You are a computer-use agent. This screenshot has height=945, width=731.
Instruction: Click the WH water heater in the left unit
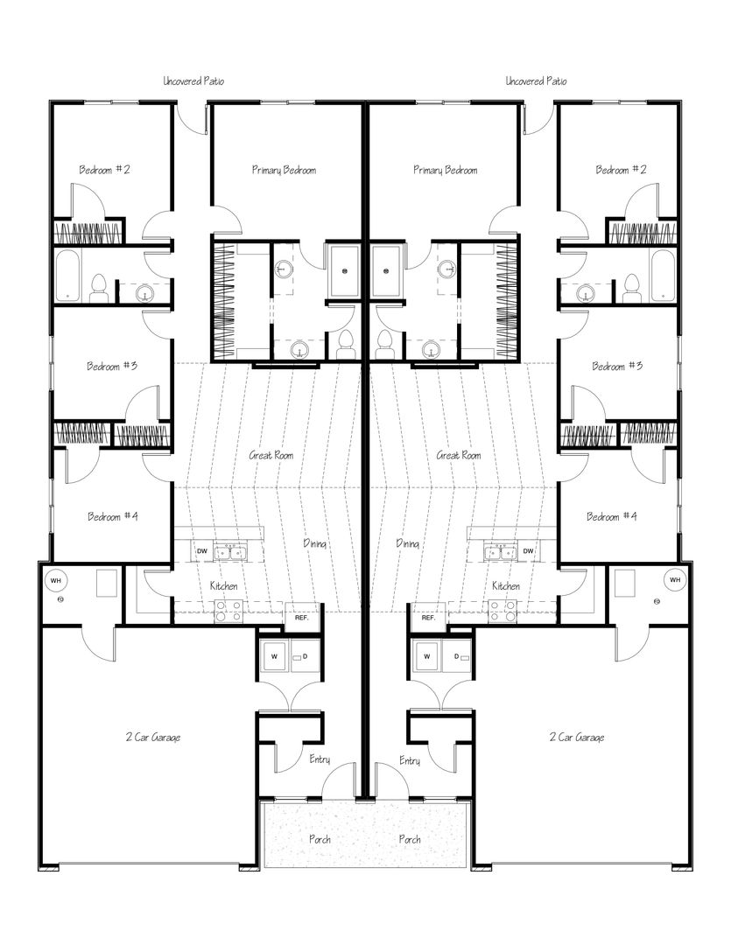point(55,580)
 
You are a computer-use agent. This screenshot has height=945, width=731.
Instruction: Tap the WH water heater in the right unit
point(675,580)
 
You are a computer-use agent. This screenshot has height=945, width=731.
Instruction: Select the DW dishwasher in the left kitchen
point(202,551)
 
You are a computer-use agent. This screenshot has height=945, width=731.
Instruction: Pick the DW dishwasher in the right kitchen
point(529,551)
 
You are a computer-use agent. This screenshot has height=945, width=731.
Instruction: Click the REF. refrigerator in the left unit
point(301,618)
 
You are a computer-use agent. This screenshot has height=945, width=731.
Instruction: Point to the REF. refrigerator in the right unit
point(428,618)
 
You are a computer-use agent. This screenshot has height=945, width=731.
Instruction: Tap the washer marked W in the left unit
point(274,656)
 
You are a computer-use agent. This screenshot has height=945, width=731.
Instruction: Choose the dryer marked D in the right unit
point(457,656)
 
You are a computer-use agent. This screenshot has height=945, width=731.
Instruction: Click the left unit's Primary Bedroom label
point(284,171)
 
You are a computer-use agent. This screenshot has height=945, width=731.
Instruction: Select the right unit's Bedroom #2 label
point(621,170)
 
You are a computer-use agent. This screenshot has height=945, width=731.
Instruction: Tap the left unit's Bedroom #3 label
point(111,366)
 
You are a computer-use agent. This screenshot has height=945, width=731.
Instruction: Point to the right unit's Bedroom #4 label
point(612,516)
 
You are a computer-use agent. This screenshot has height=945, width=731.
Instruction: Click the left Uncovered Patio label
point(193,80)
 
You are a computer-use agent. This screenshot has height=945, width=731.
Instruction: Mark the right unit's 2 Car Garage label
point(577,737)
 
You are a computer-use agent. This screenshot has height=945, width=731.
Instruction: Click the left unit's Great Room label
point(271,455)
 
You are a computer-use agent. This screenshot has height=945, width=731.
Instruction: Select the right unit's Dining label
point(408,543)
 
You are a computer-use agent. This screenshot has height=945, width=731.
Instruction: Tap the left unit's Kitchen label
point(224,585)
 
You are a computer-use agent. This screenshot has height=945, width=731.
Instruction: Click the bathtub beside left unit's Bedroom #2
point(67,276)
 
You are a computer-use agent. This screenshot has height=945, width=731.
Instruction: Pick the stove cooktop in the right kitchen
point(503,611)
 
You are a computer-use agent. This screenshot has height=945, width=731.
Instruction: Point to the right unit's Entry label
point(410,760)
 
